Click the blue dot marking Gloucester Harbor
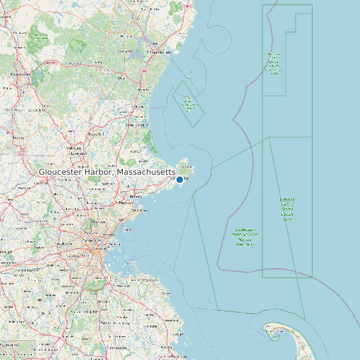[179, 179]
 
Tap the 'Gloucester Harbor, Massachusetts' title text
[107, 172]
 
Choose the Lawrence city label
[79, 152]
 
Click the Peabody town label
[124, 202]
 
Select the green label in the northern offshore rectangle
[274, 64]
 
